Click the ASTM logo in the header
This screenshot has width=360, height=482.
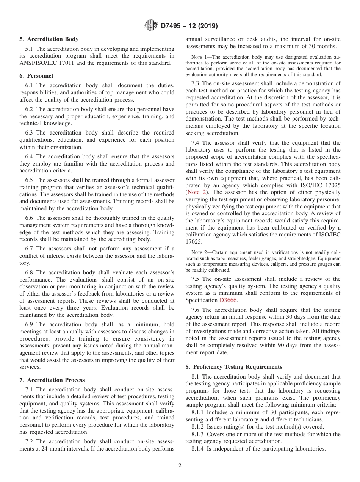point(151,26)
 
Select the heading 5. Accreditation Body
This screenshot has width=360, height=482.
point(49,39)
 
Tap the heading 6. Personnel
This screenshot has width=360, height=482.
point(36,76)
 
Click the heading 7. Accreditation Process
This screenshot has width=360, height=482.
point(52,380)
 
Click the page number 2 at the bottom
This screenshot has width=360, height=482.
point(180,466)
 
